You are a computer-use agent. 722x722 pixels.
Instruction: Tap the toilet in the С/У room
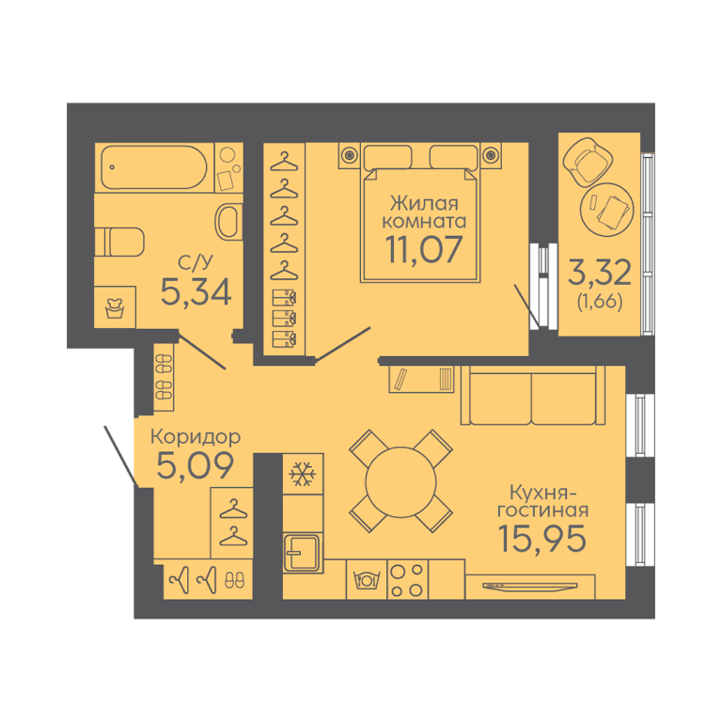[x=121, y=242]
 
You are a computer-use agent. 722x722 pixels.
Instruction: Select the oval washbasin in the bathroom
[x=228, y=222]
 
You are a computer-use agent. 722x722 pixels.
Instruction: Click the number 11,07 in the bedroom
[x=424, y=249]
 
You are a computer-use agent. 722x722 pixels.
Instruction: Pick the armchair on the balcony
[x=590, y=161]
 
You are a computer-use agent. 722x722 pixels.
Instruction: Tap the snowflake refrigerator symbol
[x=302, y=476]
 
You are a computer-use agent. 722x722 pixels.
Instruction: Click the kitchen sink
[x=303, y=550]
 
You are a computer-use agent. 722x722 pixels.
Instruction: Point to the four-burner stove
[x=405, y=578]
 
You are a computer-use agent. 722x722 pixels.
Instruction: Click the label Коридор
[x=195, y=437]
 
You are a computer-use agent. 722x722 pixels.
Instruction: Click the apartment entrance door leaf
[x=121, y=455]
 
